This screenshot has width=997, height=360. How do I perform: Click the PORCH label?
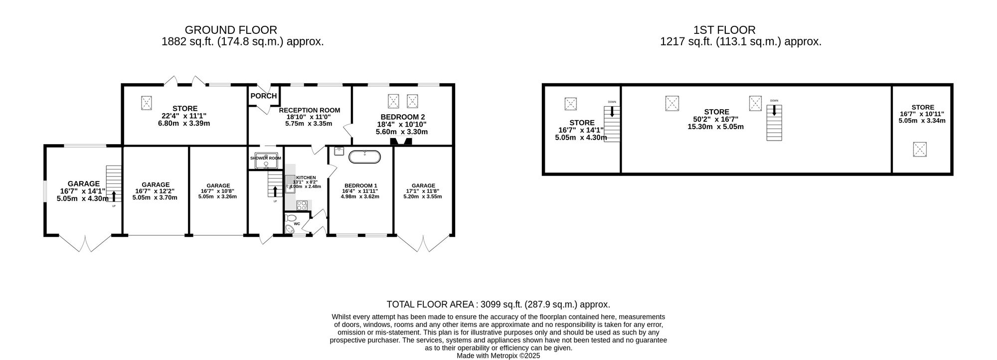[x=263, y=96]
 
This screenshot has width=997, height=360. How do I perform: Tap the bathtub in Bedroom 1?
[x=364, y=157]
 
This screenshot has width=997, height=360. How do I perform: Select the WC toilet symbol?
[x=291, y=218]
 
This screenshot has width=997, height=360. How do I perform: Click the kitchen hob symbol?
[x=302, y=204]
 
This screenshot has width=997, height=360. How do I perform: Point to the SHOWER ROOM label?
[x=265, y=158]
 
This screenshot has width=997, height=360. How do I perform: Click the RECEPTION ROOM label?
[x=309, y=110]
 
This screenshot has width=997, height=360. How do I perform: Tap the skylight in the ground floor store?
[x=147, y=103]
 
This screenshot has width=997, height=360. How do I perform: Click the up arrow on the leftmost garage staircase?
[x=114, y=196]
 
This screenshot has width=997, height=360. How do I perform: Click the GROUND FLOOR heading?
[x=231, y=30]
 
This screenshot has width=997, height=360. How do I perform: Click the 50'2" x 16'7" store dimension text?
[x=715, y=119]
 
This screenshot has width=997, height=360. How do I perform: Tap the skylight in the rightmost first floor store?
[x=919, y=149]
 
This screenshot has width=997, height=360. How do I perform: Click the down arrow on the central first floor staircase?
[x=774, y=111]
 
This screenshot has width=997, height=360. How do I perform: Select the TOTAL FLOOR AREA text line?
[x=498, y=304]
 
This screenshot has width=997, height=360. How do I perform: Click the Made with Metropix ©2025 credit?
[x=498, y=356]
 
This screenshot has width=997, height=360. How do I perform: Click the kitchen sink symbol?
[x=290, y=183]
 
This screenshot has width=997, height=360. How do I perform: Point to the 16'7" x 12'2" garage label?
[x=155, y=191]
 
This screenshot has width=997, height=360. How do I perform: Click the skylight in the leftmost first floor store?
[x=571, y=104]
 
